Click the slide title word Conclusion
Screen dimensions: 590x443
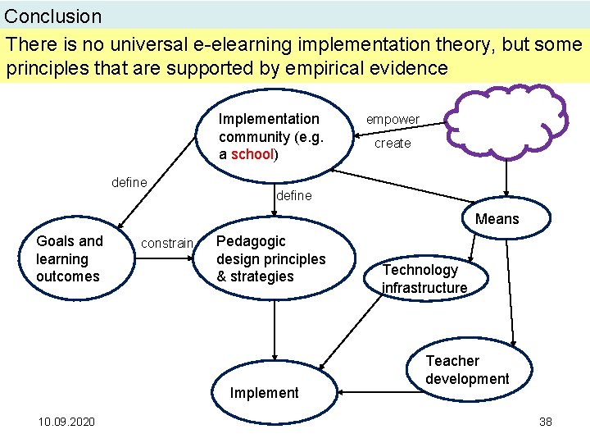[x=53, y=16]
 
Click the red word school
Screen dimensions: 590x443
[x=253, y=154]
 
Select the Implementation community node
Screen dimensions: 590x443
[x=270, y=136]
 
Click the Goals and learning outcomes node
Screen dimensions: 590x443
[x=70, y=258]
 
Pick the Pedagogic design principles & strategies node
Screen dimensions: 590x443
[x=270, y=258]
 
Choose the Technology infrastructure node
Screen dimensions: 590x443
[x=424, y=278]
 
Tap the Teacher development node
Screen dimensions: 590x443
[x=467, y=369]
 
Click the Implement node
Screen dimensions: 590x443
[x=265, y=393]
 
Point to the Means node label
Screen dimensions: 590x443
[x=497, y=219]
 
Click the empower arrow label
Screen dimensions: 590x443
[x=393, y=120]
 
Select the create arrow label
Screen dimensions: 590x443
[x=393, y=144]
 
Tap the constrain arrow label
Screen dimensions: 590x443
[x=167, y=244]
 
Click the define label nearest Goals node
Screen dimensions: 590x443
[x=129, y=182]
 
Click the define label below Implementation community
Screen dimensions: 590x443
[x=294, y=196]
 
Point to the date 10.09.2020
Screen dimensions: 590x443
[x=66, y=422]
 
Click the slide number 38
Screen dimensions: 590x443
[x=546, y=422]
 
